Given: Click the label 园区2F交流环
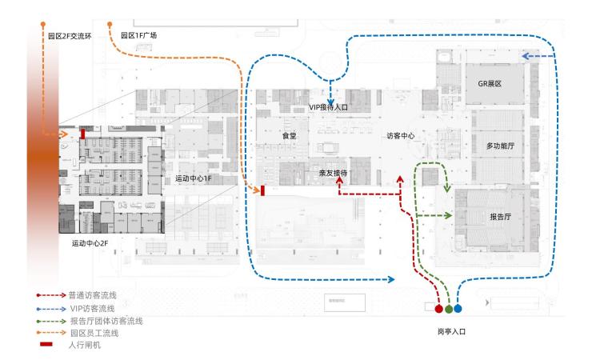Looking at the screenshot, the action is (70, 36).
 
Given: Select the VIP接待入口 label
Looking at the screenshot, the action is (330, 106).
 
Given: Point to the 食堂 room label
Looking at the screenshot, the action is (289, 136).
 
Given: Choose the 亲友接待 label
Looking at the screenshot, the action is (332, 172).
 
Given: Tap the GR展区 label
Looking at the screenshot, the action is (489, 83).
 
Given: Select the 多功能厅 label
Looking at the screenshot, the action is (500, 146).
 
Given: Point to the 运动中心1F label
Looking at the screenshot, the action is (193, 178).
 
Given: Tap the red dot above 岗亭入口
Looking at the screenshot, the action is (438, 308).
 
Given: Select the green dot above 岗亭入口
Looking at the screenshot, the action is (449, 308).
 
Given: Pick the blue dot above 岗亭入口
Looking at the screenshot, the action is (458, 308).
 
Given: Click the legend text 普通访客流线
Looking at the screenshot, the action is (92, 295).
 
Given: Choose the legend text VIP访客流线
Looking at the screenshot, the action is (92, 308).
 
